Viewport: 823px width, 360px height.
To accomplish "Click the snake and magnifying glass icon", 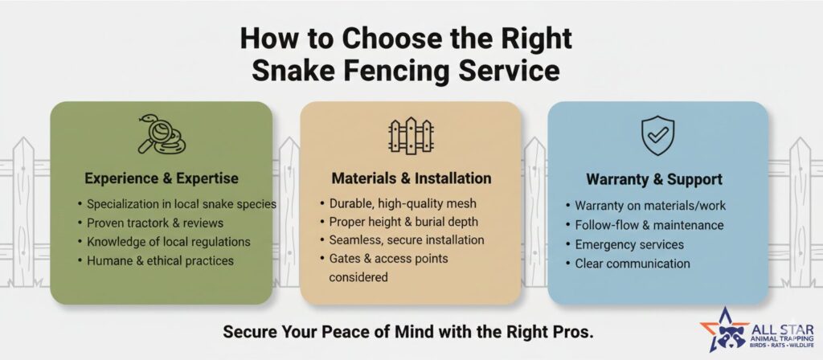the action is tap(162, 134).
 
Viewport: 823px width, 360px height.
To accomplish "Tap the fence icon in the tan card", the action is tap(411, 135).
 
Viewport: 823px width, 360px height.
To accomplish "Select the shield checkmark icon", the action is tap(657, 135).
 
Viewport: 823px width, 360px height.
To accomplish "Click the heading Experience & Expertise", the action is tap(162, 178).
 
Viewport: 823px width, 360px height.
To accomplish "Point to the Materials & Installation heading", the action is tap(411, 178).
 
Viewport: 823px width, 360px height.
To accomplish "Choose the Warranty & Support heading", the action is tap(654, 179).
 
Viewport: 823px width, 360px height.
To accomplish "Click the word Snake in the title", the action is tap(303, 71).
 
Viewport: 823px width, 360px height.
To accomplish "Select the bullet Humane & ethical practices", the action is tap(160, 261).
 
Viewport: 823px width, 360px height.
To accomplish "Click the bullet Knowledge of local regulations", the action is tap(169, 242).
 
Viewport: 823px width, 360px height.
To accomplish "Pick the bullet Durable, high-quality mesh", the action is tap(403, 203).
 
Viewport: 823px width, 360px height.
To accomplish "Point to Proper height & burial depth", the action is tap(403, 222).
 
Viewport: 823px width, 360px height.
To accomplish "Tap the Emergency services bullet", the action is tap(629, 244).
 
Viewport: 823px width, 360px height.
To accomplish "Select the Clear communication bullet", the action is tap(633, 264).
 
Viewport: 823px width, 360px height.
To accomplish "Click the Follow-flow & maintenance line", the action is tap(649, 225).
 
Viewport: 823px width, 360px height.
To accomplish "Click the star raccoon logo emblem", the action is tap(724, 329).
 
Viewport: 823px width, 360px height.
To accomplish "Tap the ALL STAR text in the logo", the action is tap(782, 329).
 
